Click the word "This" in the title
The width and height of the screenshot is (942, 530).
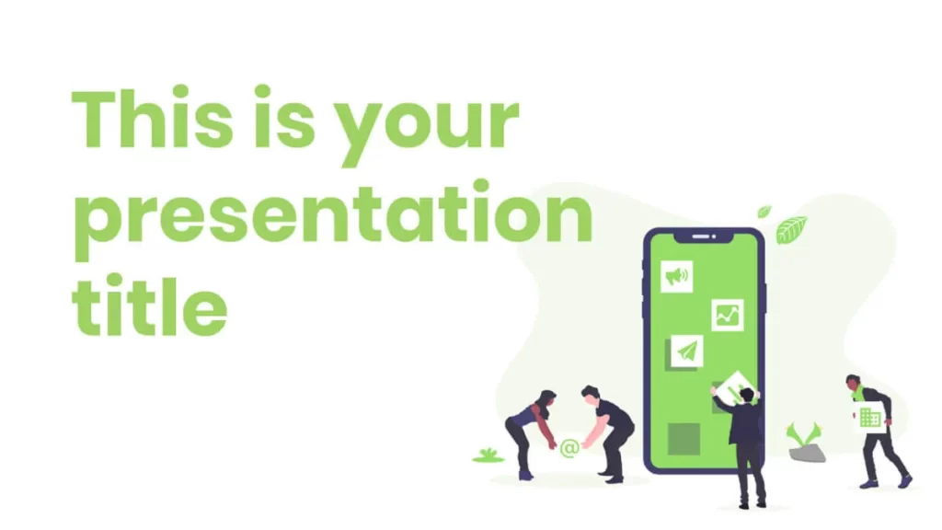[153, 119]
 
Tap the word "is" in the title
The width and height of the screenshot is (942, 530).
[284, 118]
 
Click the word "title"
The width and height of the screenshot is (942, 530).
[150, 305]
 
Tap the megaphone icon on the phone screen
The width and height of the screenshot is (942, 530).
[676, 276]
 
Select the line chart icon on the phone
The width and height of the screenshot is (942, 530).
[728, 315]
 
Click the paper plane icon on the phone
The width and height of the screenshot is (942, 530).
[686, 351]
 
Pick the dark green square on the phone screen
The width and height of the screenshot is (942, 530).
[684, 439]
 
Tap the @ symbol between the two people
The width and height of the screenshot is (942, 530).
[569, 448]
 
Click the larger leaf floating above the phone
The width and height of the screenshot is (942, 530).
[791, 229]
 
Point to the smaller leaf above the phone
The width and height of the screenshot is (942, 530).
[764, 212]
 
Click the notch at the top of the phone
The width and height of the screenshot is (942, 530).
[704, 237]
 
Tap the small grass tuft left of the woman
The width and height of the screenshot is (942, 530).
[488, 456]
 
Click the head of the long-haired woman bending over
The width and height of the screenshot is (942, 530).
[546, 401]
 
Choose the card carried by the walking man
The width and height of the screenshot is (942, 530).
[868, 416]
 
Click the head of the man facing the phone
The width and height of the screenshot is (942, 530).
[746, 396]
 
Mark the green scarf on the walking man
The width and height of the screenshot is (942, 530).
[860, 393]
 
